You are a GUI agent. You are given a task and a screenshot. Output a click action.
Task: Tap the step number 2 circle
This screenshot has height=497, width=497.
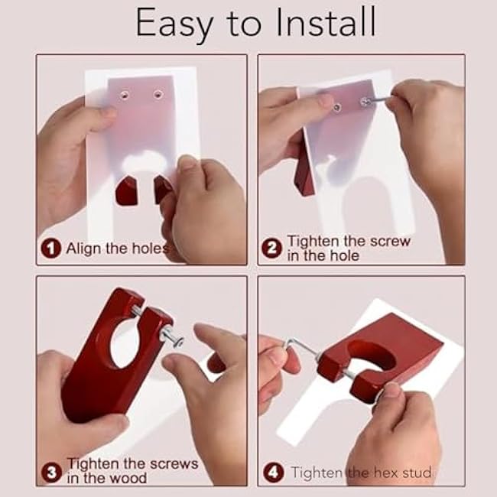tap(272, 248)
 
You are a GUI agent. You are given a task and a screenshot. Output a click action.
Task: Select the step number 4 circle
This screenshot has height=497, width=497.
tap(272, 472)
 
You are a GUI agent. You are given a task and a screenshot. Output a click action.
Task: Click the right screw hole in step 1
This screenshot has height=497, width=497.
tap(158, 95)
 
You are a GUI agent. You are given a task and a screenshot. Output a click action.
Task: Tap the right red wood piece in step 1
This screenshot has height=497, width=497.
tap(162, 188)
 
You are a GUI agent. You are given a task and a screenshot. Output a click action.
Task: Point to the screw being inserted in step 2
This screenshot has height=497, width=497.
tap(372, 99)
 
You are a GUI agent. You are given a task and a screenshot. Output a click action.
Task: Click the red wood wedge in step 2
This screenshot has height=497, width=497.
tap(304, 176)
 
